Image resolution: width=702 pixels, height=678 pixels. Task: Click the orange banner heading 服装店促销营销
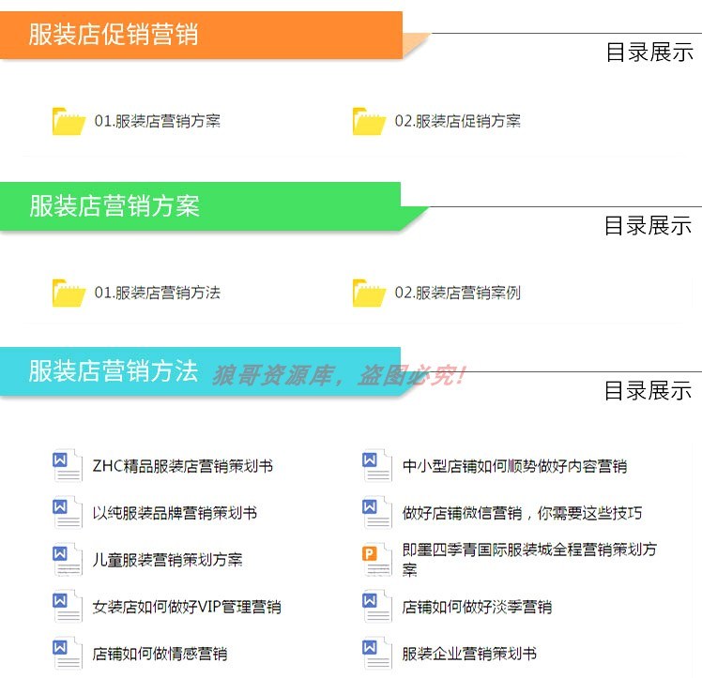coord(114,35)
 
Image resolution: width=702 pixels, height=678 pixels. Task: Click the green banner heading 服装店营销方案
coord(114,206)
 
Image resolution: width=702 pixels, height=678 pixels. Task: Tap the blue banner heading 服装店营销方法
coord(114,371)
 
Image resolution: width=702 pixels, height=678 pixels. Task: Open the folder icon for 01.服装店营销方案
coord(69,121)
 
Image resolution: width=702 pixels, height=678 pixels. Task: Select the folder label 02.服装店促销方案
coord(457,121)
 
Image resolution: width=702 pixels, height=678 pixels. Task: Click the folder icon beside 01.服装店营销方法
coord(69,293)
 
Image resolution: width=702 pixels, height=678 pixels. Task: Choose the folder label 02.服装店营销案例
coord(457,293)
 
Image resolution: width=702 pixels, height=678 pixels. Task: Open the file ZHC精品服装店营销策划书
coord(182,466)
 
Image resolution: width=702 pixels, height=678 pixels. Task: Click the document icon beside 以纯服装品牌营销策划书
coord(68,513)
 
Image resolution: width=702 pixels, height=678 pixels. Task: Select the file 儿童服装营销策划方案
coord(167,560)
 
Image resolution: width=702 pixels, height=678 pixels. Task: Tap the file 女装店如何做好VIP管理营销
coord(186,607)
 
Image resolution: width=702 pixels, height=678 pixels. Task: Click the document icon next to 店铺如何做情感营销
coord(68,654)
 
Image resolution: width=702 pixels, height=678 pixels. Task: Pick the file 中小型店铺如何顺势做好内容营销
coord(514,466)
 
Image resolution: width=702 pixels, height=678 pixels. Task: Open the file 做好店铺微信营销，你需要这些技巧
coord(522,513)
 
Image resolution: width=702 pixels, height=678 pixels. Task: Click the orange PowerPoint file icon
coord(376,560)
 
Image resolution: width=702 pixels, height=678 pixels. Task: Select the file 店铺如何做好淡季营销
coord(477,607)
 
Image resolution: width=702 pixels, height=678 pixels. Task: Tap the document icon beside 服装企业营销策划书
coord(376,654)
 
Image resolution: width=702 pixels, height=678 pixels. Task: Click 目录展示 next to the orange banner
coord(649,53)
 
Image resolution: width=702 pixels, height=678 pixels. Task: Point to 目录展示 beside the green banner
coord(648,225)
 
